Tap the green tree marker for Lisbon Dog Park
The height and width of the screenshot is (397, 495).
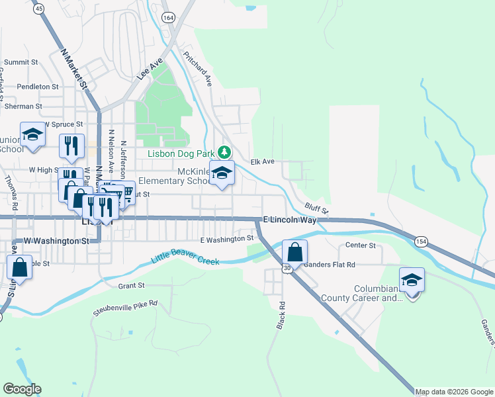pos(224,152)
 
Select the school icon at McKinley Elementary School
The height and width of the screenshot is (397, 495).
pos(223,173)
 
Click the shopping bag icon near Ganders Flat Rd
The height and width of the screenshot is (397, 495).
pos(294,252)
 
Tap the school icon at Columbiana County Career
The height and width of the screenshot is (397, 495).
pos(412,280)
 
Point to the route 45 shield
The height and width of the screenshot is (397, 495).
pos(38,9)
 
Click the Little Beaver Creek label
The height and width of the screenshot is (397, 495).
pos(185,257)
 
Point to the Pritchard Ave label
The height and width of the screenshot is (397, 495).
pos(197,69)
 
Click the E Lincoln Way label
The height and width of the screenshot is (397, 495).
pos(289,219)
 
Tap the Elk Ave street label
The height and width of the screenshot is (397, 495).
pos(262,161)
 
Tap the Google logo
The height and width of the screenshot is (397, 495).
pos(22,389)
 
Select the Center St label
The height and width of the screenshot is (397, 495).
pos(361,245)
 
